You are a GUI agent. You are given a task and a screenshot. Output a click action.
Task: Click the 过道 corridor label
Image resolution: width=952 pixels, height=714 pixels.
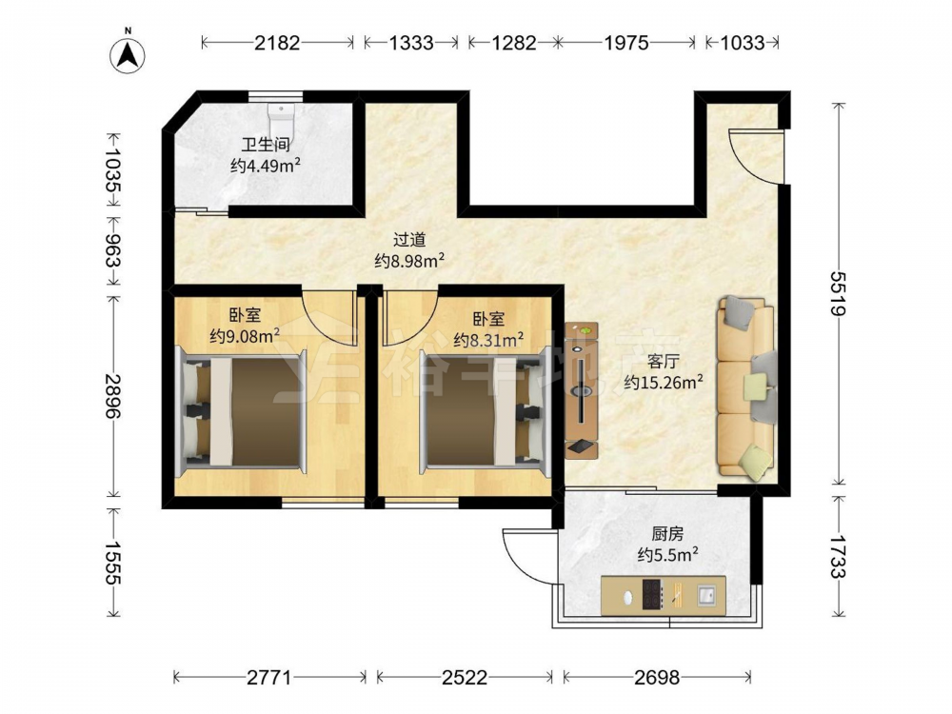coord(409,241)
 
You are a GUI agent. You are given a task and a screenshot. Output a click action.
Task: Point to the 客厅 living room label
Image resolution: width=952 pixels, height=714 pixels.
coord(663,362)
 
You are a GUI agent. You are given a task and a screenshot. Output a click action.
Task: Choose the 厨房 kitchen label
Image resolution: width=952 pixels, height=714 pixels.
coord(667,534)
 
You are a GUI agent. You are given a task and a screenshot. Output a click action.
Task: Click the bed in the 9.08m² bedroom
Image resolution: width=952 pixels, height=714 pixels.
coord(241,412)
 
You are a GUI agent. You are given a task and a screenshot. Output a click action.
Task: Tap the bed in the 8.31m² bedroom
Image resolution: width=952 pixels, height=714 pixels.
coord(486,412)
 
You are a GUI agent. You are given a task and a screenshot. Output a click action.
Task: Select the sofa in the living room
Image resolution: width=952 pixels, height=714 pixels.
coord(746,387)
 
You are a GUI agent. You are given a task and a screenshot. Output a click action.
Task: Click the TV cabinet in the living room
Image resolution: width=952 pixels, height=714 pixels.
coord(582,390)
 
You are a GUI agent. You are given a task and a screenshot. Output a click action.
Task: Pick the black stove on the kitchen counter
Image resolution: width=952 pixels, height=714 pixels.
coord(652,594)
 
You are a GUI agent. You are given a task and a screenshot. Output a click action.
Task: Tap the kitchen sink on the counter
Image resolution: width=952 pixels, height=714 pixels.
coord(706,595)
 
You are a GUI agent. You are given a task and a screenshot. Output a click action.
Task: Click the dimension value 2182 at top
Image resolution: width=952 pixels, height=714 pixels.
coord(277,43)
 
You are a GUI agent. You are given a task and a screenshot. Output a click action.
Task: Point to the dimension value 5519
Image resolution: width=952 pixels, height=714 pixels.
coord(839,294)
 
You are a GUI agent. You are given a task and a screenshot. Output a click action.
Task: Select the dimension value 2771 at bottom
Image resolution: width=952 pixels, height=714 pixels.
coord(269,676)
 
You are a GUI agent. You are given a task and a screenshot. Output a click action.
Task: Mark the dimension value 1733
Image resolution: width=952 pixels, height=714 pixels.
coord(839,557)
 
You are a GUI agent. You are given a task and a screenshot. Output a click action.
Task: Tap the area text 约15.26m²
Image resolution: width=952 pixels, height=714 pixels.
coord(664,382)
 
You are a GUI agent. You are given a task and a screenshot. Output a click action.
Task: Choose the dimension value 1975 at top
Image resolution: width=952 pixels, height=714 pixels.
coord(625,43)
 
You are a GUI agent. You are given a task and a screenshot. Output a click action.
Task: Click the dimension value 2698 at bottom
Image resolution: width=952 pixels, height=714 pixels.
coord(658,676)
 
